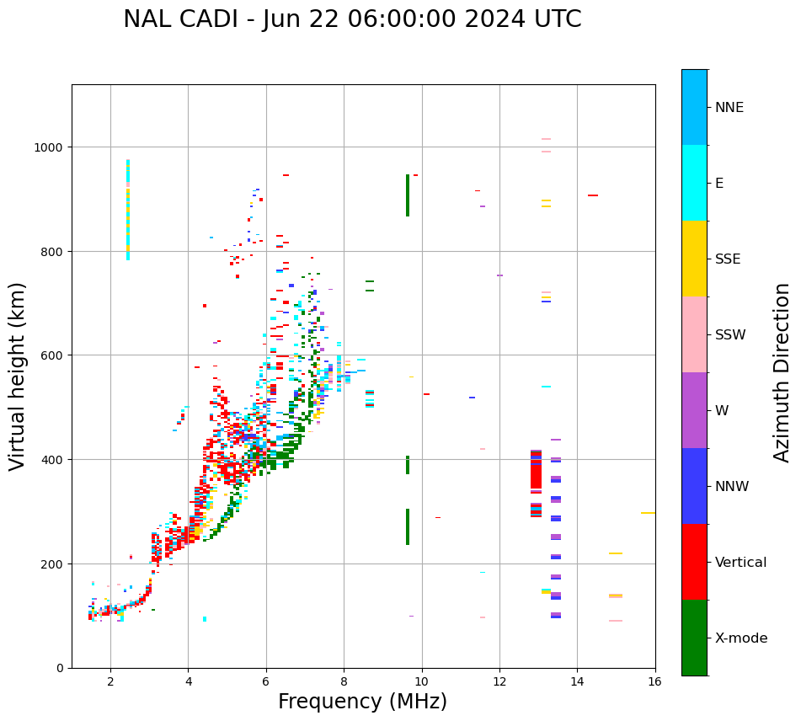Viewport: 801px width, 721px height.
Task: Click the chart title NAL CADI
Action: [x=352, y=19]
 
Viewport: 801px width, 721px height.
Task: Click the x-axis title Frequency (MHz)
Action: [x=362, y=702]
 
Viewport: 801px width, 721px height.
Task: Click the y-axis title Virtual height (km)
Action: [x=18, y=376]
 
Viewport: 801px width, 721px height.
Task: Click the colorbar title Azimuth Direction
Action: [x=782, y=372]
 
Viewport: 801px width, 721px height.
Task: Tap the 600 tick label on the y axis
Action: [x=53, y=355]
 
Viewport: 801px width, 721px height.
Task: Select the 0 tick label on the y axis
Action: [x=60, y=668]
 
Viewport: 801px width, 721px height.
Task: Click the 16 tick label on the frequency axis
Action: [x=654, y=681]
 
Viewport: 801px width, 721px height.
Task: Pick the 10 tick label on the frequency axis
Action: [x=421, y=681]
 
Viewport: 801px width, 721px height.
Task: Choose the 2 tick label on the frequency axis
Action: [x=110, y=681]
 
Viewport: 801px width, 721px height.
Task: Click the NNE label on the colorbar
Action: [x=729, y=108]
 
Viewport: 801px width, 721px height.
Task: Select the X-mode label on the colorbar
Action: [x=741, y=638]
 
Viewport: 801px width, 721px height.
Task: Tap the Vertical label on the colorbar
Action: [x=741, y=563]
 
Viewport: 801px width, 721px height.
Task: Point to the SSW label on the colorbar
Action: [x=730, y=335]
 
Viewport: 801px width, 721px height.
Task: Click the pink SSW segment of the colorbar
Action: [x=694, y=334]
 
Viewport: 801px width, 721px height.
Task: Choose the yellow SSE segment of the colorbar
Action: [x=694, y=259]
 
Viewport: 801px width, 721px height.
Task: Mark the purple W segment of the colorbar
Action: [x=694, y=410]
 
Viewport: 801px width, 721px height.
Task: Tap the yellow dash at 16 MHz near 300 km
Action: [x=648, y=512]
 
